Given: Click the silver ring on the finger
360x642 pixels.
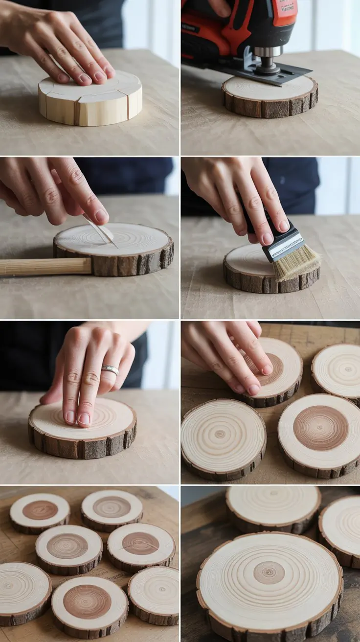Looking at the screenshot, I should tap(111, 369).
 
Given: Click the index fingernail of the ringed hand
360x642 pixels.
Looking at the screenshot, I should tap(85, 419).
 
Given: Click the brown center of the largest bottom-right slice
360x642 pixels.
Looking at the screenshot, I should tap(269, 572).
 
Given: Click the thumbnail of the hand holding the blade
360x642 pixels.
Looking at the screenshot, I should tap(102, 215).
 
